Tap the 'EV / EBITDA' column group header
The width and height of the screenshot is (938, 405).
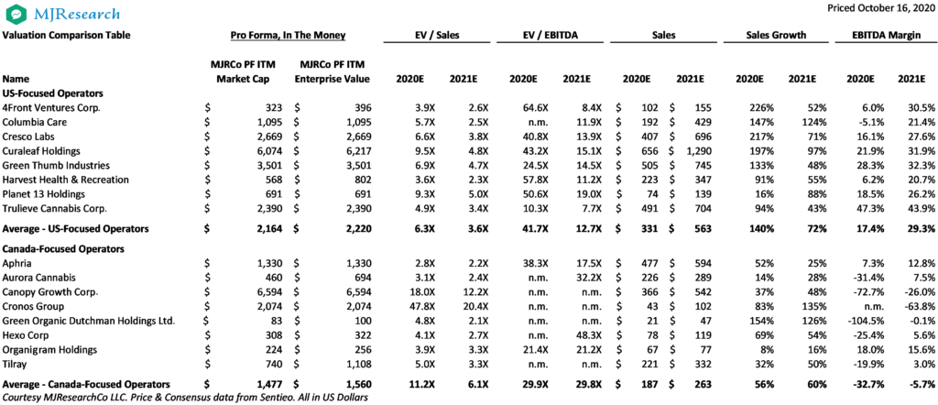point(549,36)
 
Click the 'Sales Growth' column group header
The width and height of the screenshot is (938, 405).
point(776,36)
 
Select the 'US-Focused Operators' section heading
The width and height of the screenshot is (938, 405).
point(46,93)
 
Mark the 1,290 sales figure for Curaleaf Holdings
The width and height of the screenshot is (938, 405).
point(698,151)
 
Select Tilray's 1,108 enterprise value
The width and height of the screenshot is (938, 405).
point(358,363)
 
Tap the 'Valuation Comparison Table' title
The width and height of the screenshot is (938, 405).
point(66,36)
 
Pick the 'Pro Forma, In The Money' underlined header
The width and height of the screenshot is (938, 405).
point(289,36)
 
